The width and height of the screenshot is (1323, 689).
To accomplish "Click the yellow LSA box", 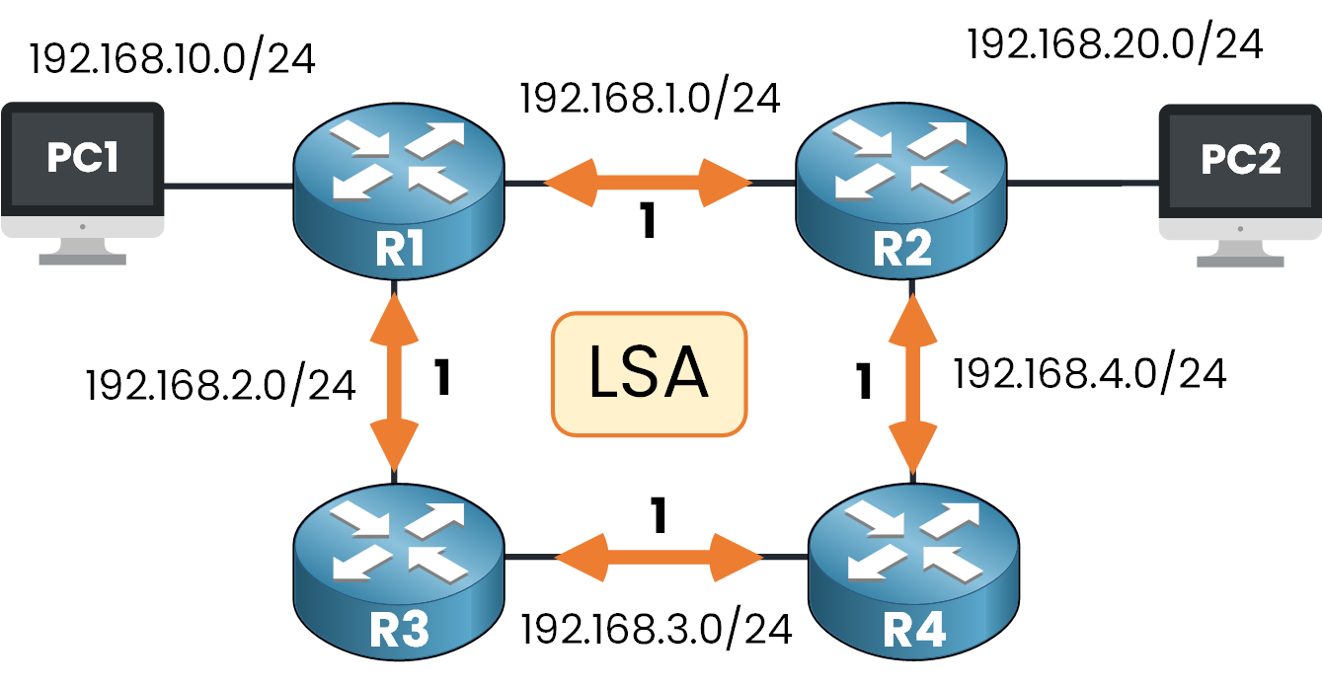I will click(x=648, y=374).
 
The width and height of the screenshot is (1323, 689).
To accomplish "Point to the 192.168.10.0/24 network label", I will click(x=172, y=59).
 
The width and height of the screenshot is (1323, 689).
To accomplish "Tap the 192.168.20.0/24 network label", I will click(x=1115, y=43).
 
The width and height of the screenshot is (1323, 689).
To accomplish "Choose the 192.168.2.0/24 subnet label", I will click(x=220, y=385).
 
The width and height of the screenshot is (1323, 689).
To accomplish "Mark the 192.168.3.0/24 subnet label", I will click(x=656, y=629).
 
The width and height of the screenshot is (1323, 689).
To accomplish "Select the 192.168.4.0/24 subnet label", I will click(x=1089, y=374).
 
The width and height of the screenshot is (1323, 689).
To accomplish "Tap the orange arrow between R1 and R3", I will click(x=398, y=381).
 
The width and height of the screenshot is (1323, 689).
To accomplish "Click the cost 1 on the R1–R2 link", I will click(x=647, y=223).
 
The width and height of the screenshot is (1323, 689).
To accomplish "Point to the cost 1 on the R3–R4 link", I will click(x=659, y=514).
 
